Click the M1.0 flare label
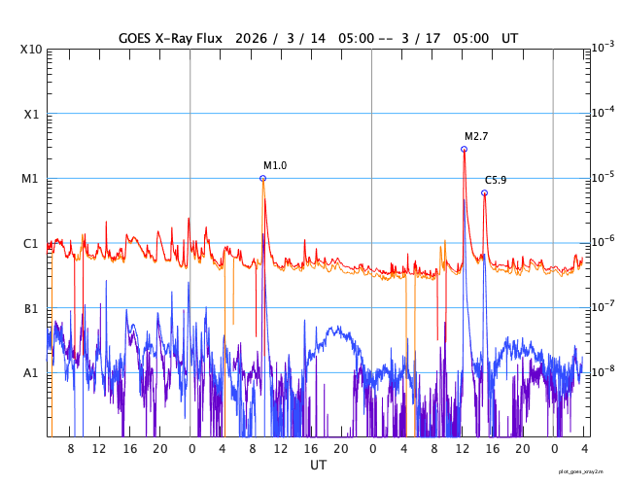275,166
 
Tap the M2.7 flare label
475,137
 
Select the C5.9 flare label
496,181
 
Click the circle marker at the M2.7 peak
464,149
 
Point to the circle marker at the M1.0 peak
262,178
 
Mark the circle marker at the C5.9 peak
484,192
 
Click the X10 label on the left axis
31,50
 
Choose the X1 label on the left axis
31,114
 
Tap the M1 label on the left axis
31,179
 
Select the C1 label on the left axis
31,243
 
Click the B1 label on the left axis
31,308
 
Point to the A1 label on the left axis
31,373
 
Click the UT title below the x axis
318,466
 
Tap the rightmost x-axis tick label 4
583,449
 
